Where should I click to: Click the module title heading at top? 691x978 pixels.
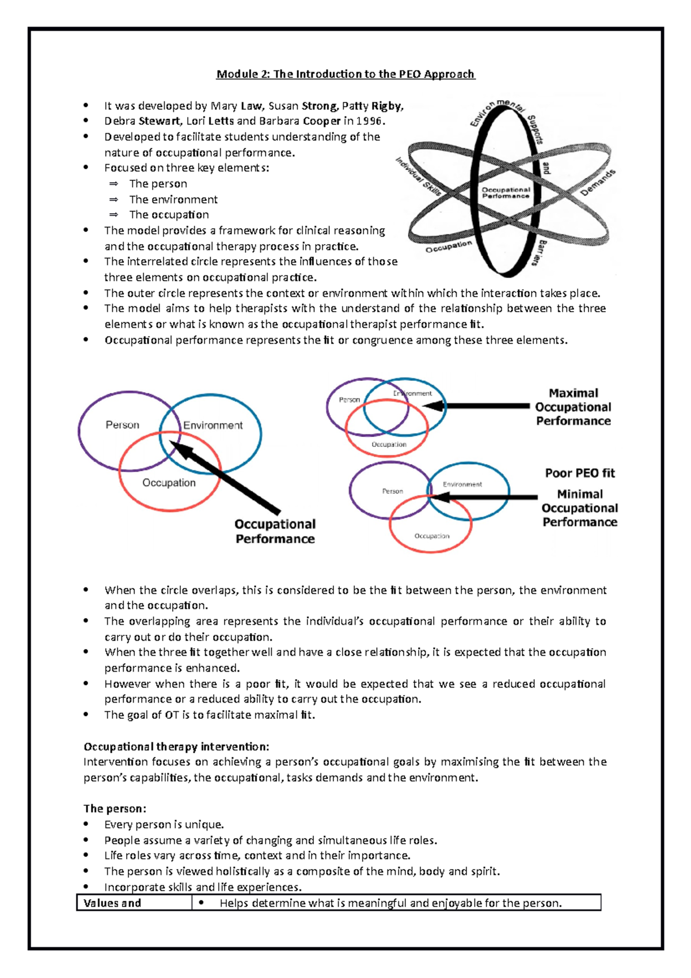[x=345, y=74]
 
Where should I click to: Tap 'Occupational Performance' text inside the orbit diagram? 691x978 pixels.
[x=506, y=193]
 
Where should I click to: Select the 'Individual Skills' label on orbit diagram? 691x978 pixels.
[x=418, y=176]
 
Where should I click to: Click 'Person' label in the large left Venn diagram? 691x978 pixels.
[x=122, y=425]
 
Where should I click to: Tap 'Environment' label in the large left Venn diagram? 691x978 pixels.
[x=212, y=426]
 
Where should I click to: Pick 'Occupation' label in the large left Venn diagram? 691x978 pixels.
[x=169, y=483]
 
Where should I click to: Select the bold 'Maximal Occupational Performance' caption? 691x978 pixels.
[x=573, y=407]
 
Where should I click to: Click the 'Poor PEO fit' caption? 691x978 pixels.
[x=580, y=473]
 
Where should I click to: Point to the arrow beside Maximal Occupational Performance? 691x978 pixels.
[x=478, y=406]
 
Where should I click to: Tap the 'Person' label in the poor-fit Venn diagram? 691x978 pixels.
[x=392, y=491]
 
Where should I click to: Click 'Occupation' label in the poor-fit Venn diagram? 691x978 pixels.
[x=432, y=536]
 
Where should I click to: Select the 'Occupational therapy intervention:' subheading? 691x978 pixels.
[x=176, y=747]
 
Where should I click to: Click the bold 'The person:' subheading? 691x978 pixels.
[x=115, y=809]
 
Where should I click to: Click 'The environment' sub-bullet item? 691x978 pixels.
[x=173, y=199]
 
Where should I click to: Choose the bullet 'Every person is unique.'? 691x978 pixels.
[x=164, y=825]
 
